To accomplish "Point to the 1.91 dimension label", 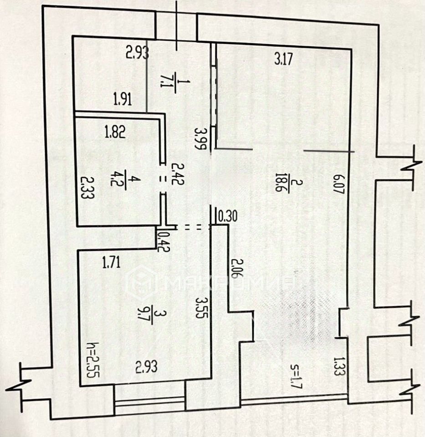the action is coord(123,99).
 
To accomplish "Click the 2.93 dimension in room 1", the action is coord(137,54).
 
